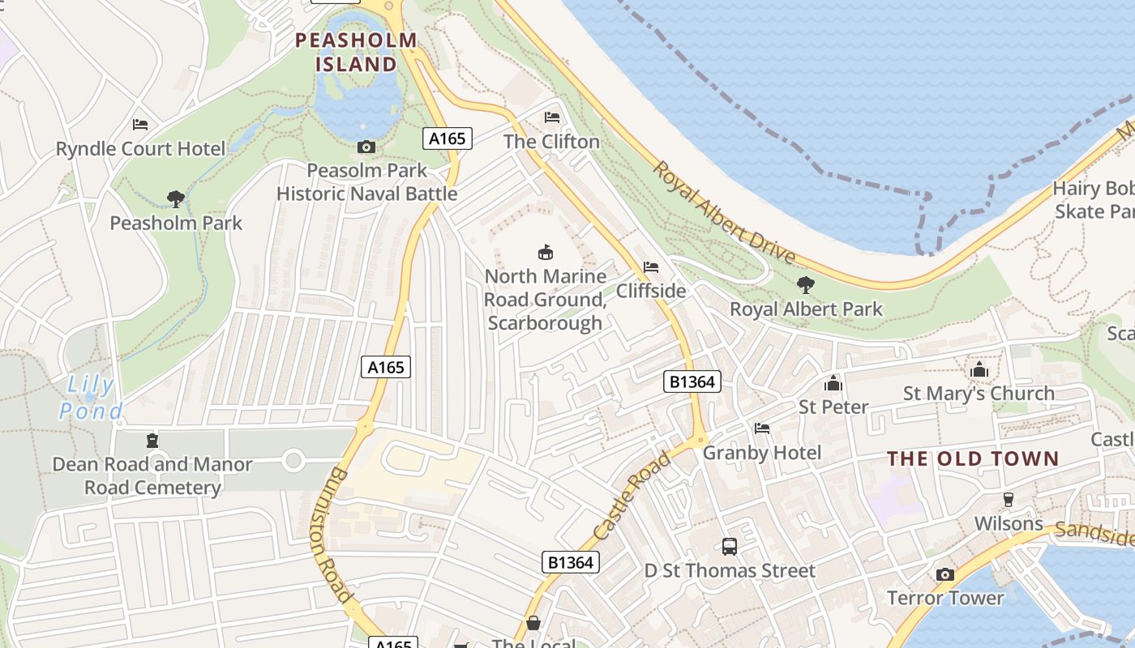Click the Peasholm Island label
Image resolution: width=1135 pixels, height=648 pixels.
click(x=356, y=51)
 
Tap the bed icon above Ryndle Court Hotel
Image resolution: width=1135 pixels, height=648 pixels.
click(x=140, y=125)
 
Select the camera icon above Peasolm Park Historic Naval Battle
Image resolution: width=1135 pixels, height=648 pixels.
click(x=366, y=147)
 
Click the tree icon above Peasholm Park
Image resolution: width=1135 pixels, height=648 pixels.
click(x=175, y=198)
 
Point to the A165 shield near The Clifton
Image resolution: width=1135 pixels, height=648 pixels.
click(x=447, y=139)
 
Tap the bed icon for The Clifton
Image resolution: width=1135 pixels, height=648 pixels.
click(x=552, y=117)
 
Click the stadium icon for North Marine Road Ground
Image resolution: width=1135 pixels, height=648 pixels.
click(x=546, y=253)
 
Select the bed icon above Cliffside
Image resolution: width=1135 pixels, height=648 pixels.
click(x=650, y=267)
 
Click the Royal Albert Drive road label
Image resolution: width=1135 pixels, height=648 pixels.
click(x=724, y=212)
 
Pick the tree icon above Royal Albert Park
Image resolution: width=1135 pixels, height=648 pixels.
click(x=805, y=285)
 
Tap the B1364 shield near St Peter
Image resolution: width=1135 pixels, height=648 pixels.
click(x=692, y=382)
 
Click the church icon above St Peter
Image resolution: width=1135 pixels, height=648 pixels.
click(x=833, y=383)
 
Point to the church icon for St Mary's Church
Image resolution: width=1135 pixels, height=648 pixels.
click(x=979, y=370)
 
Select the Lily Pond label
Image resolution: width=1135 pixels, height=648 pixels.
click(x=91, y=398)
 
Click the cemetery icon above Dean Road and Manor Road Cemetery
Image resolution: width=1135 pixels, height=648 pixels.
click(x=152, y=441)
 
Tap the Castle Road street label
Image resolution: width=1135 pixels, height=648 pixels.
click(x=632, y=497)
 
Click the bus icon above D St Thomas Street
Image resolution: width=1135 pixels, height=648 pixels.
click(x=730, y=547)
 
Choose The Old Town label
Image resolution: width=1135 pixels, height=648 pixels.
click(x=973, y=458)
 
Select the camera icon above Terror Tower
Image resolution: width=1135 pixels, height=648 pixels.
click(x=944, y=574)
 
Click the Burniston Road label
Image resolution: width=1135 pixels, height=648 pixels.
click(x=332, y=535)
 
